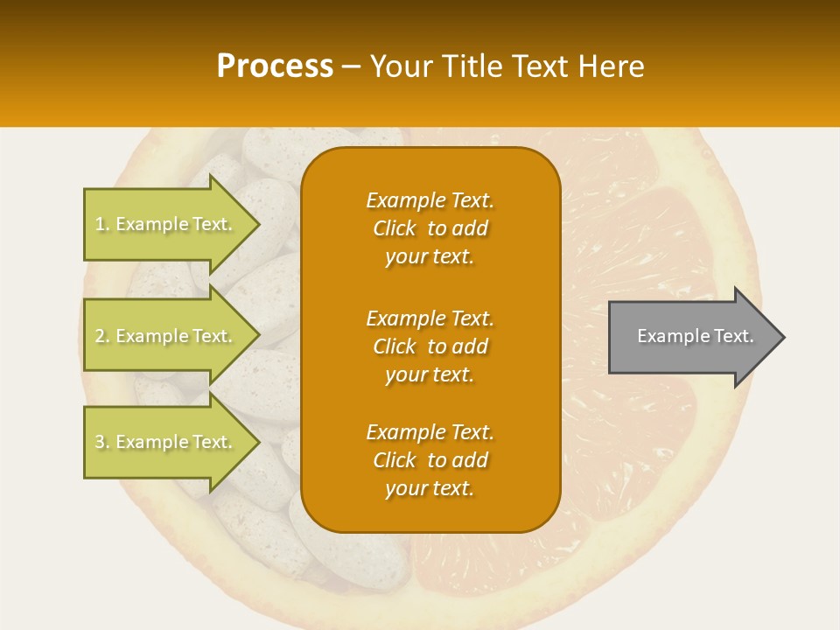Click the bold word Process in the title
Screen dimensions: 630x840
pos(275,66)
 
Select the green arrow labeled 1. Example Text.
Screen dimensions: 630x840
pos(166,224)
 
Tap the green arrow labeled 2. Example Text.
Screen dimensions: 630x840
pos(166,336)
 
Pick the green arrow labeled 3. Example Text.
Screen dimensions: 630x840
pos(166,442)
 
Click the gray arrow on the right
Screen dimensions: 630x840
pos(691,337)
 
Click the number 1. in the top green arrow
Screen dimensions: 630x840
pos(102,224)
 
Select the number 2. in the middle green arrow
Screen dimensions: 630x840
pos(102,336)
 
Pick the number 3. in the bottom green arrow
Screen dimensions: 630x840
pos(102,442)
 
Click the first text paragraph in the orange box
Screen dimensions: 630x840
pos(430,228)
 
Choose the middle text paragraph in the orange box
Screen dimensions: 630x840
pos(430,346)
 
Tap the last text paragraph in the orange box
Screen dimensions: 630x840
pos(430,460)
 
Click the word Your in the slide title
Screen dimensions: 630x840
pos(400,66)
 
